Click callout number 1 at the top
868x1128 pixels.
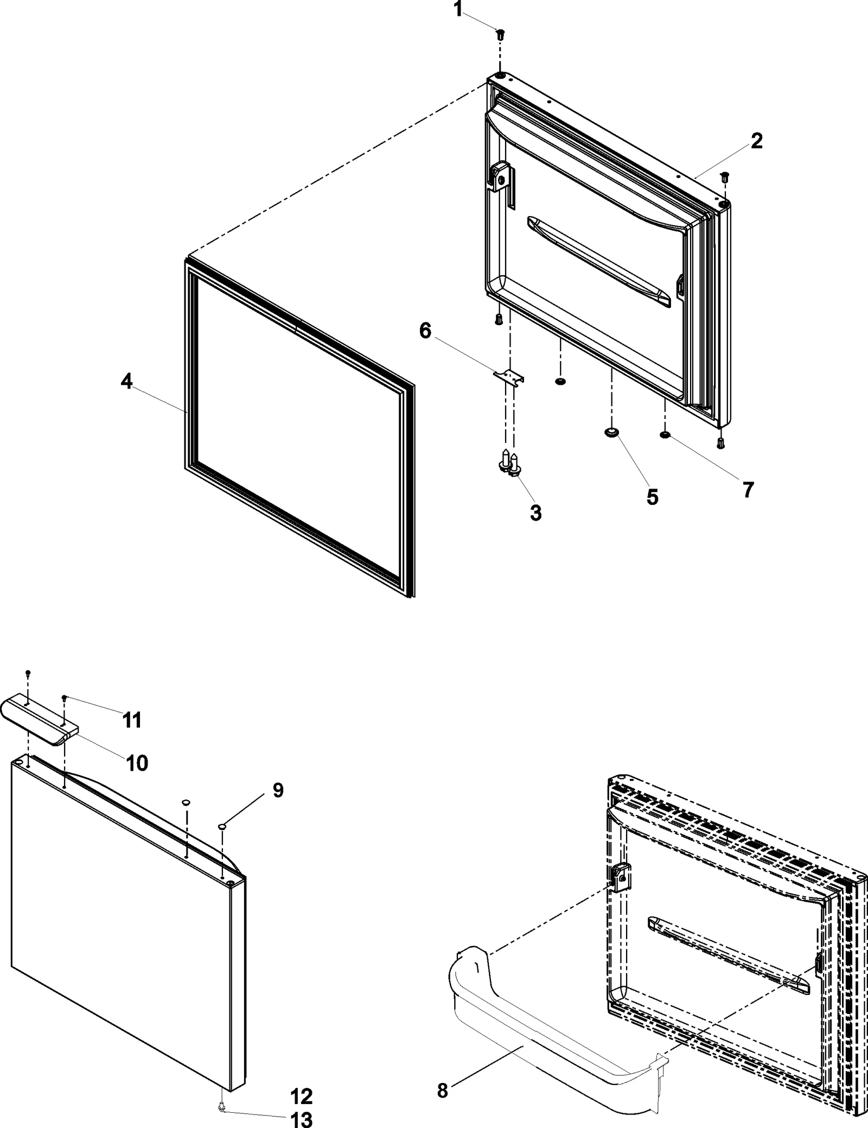(458, 10)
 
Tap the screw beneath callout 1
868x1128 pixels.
(500, 34)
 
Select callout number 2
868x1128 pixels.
(756, 141)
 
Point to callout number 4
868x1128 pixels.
(126, 382)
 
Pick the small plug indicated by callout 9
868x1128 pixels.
(222, 826)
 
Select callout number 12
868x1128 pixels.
(302, 1097)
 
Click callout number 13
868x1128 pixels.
(302, 1119)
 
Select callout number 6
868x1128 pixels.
(425, 331)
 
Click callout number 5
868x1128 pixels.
(652, 496)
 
